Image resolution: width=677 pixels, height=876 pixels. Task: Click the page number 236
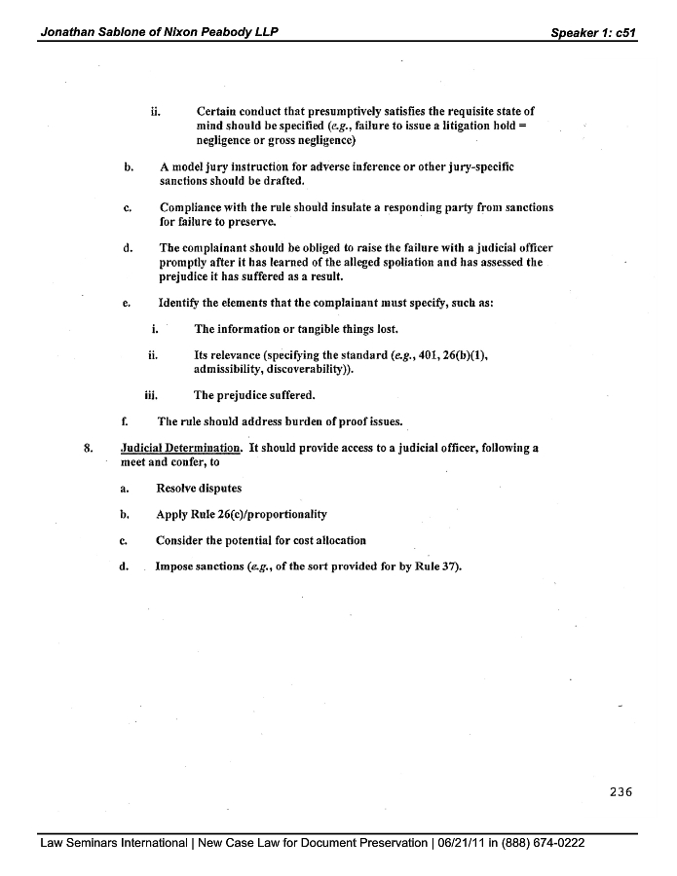click(621, 791)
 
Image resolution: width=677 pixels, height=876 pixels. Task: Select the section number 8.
click(89, 449)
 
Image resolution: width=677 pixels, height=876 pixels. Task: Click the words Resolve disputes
click(199, 488)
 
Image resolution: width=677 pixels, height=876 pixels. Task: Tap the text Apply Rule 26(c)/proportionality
click(242, 514)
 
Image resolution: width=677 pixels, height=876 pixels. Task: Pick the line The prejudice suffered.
click(254, 395)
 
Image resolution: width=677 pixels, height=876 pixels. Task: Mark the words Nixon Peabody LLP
click(220, 32)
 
